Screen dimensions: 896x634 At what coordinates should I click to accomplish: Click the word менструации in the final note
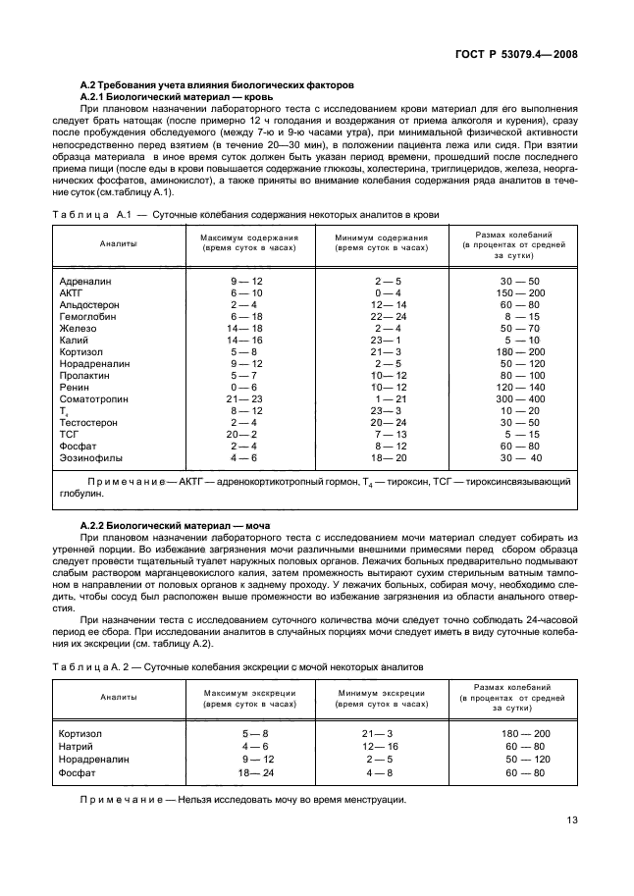click(372, 801)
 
